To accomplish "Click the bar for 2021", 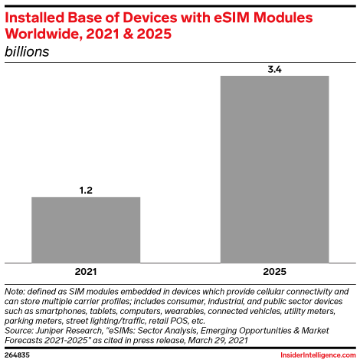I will (x=85, y=229).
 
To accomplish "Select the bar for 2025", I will (x=274, y=168).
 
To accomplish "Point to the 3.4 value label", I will (x=274, y=67).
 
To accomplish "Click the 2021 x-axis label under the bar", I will (x=85, y=272).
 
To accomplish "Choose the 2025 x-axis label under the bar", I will (x=274, y=272).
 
